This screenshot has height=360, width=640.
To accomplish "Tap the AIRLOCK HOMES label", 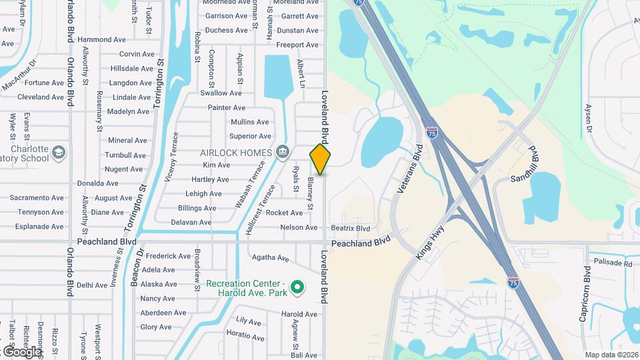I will (237, 152).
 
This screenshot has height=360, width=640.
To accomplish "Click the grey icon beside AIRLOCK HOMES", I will (283, 152).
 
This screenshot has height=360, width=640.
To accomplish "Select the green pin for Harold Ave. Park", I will (299, 288).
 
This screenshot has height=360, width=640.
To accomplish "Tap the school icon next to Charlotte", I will (59, 153).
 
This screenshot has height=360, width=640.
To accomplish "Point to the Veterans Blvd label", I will (410, 170).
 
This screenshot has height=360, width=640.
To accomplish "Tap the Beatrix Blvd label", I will (350, 228).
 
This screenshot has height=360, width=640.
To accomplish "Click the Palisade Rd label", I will (611, 263).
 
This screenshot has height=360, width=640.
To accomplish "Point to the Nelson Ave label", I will (299, 227).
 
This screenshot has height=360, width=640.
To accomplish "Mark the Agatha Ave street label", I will (271, 257).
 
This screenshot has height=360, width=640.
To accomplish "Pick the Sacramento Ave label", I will (37, 198).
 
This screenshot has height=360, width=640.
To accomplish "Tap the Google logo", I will (21, 351).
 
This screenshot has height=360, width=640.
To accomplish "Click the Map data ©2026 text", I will (611, 355).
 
